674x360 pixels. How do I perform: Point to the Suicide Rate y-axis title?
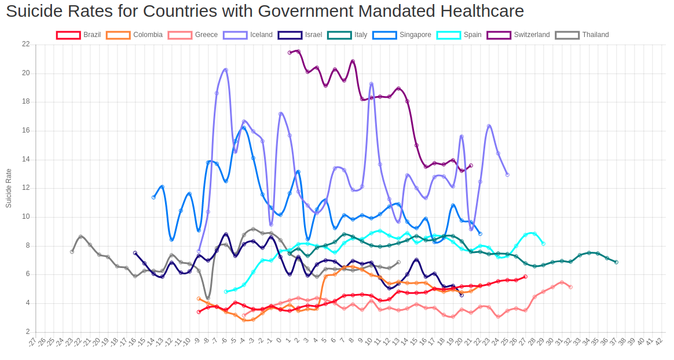coord(9,188)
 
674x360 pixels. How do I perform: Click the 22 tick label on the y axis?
coord(25,45)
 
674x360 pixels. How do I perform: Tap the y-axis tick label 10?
coord(25,217)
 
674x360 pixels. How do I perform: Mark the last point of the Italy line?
coord(616,262)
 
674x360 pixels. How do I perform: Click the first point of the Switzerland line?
coord(290,53)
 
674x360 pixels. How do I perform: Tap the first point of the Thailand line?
coord(72,252)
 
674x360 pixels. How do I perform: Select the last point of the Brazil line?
coord(525,277)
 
